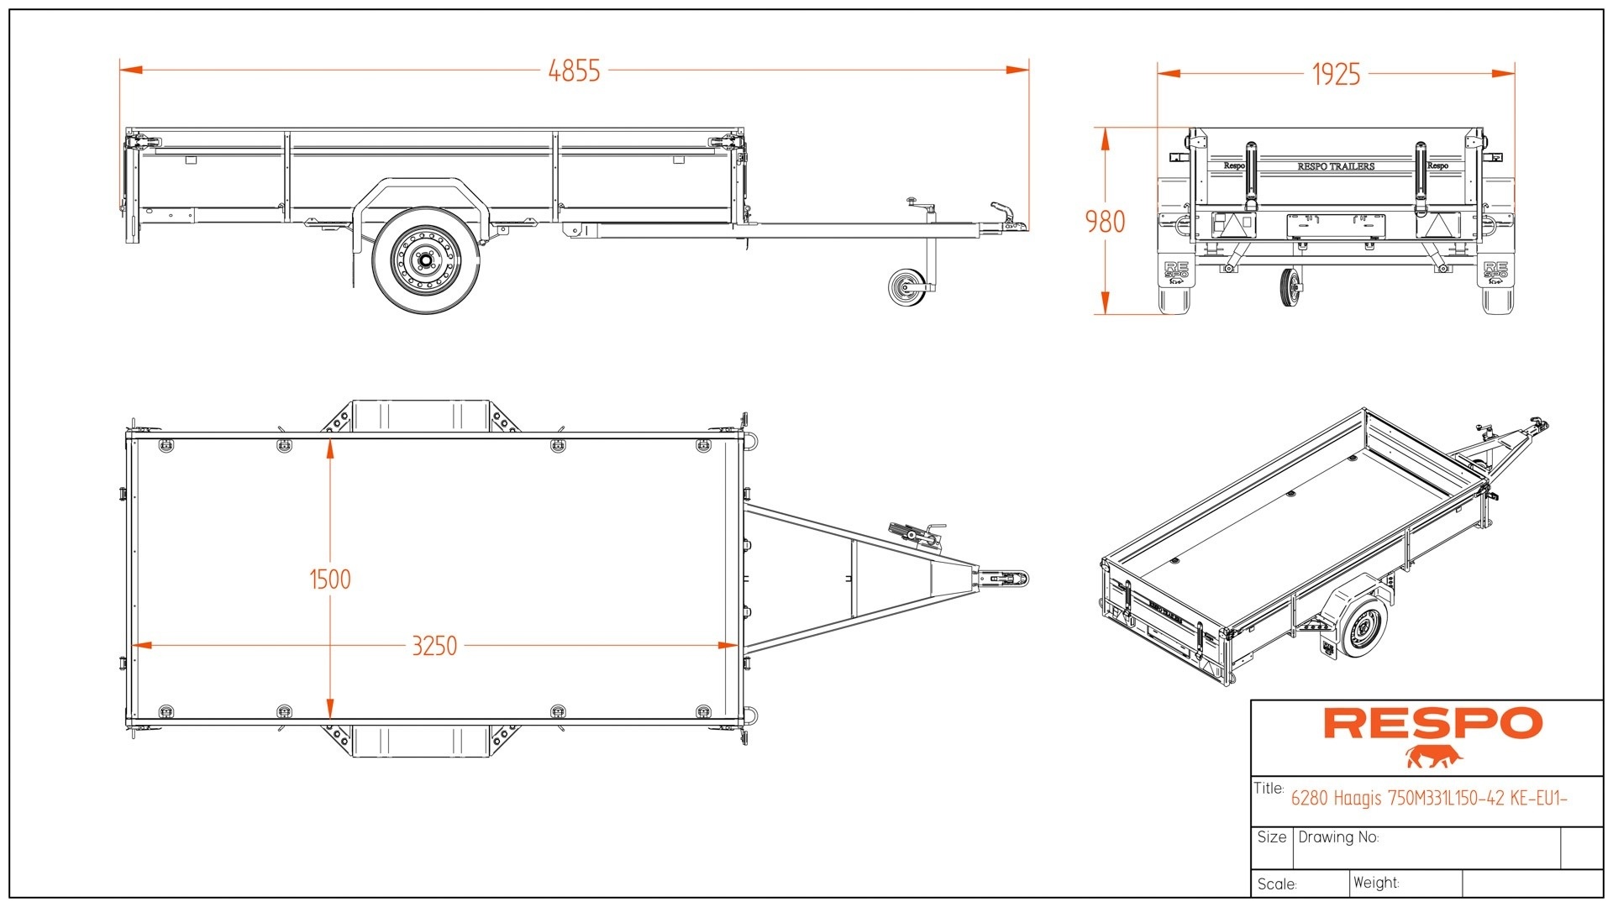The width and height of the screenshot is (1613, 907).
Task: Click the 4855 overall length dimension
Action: coord(574,71)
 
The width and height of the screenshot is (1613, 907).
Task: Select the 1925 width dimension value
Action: coord(1336,74)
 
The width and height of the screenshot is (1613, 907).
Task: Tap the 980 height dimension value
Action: coord(1105,222)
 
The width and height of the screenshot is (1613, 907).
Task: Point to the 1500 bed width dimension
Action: coord(330,579)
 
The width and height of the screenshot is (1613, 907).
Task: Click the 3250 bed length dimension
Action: coord(434,646)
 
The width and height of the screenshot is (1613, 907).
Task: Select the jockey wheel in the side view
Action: coord(905,288)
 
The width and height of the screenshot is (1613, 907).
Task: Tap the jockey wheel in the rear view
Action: coord(1290,288)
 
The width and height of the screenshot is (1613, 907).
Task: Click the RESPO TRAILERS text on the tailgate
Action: coord(1336,166)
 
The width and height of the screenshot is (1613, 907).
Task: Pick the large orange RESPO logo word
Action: coord(1433,723)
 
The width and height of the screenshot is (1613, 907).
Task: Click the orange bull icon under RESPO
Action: coord(1433,757)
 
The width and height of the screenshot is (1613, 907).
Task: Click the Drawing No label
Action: coord(1338,837)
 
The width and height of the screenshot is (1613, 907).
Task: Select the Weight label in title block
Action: coord(1376,883)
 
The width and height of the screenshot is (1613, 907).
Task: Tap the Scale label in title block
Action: coord(1277,883)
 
